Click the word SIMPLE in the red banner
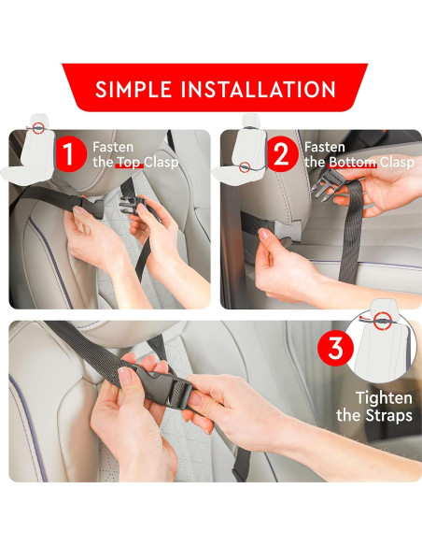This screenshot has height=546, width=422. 134,89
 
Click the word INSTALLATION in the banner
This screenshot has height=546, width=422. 259,89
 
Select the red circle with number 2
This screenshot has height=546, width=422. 281,154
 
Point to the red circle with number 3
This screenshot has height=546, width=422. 335,348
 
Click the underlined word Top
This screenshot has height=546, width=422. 129,163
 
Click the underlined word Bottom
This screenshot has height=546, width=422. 353,163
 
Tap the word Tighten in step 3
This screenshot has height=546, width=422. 384,398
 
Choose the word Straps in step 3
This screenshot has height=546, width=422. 388,415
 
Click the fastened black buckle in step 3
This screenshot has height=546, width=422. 162,386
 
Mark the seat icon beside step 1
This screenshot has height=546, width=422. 27,150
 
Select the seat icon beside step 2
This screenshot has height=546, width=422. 240,150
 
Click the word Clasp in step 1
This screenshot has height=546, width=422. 162,163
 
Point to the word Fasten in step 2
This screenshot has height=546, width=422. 325,147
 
